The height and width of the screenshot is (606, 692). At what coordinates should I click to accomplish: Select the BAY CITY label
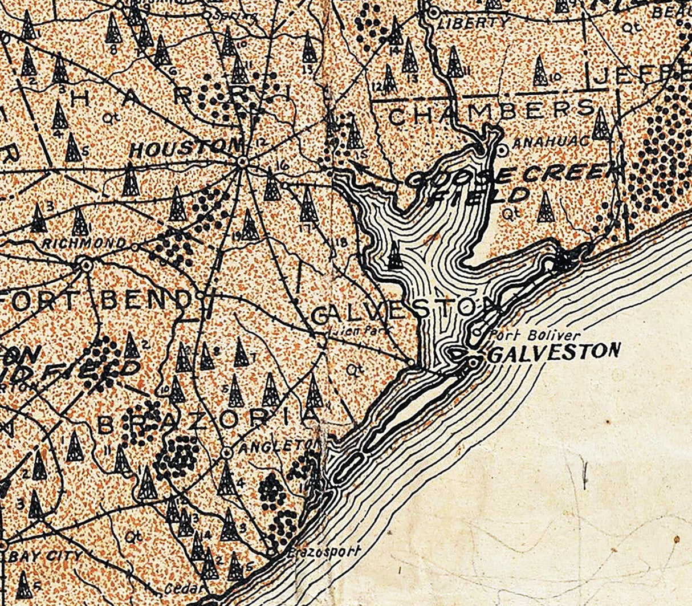(x=46, y=556)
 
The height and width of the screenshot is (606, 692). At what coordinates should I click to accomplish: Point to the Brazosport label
(x=324, y=552)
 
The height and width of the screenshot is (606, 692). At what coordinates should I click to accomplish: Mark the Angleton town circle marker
(x=227, y=453)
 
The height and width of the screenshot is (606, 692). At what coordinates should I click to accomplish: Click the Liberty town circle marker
(x=434, y=11)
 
